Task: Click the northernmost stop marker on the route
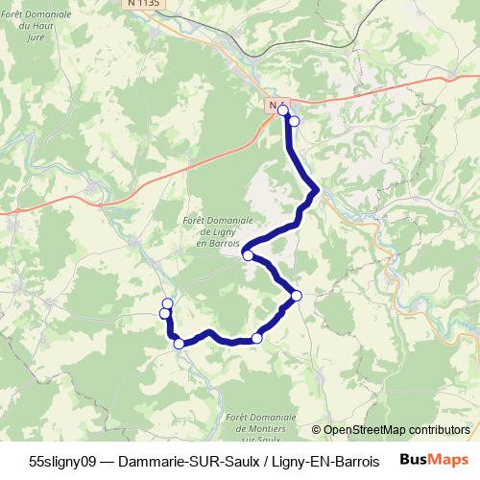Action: coord(283,111)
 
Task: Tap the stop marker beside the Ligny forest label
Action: coord(248,255)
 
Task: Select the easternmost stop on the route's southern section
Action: coord(296,296)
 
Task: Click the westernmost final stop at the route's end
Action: coord(165,314)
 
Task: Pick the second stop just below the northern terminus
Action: coord(294,122)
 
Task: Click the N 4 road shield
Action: coord(276,104)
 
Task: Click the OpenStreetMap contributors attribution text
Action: coord(396,430)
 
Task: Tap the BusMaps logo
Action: coord(435,460)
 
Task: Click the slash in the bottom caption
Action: coord(264,461)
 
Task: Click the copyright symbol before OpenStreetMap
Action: coord(317,430)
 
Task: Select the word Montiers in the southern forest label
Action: coord(261,427)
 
